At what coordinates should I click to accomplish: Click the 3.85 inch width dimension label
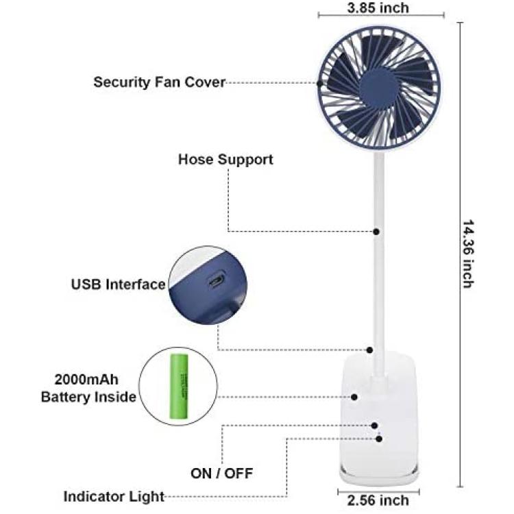[x=378, y=8]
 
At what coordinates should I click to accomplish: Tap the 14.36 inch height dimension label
[x=468, y=254]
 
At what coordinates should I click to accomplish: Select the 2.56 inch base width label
[x=378, y=500]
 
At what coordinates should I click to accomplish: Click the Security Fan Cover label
[x=159, y=82]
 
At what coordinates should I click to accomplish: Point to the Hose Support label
[x=225, y=159]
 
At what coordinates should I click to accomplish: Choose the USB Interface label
[x=119, y=284]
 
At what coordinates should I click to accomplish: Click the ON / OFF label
[x=221, y=474]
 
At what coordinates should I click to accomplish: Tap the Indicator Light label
[x=114, y=497]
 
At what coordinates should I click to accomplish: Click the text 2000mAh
[x=86, y=380]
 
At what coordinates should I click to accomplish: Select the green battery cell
[x=179, y=386]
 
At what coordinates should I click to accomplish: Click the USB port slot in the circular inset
[x=217, y=280]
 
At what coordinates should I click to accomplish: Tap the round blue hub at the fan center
[x=378, y=88]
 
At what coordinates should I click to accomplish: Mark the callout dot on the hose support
[x=376, y=232]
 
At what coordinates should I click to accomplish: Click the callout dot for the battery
[x=354, y=397]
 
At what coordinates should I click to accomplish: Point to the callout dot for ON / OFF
[x=374, y=426]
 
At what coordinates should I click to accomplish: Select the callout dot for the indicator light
[x=379, y=439]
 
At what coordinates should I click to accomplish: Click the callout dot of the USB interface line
[x=370, y=350]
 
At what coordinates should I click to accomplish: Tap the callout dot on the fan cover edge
[x=320, y=83]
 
